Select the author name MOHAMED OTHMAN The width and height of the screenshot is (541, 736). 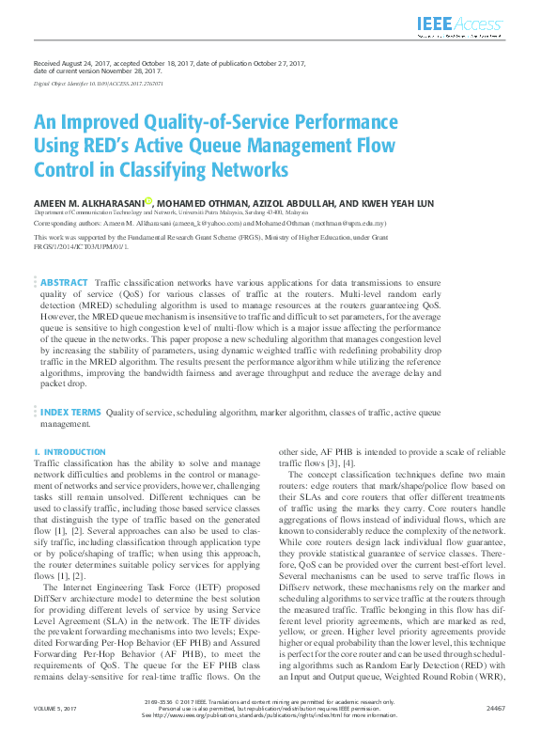tap(196, 203)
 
